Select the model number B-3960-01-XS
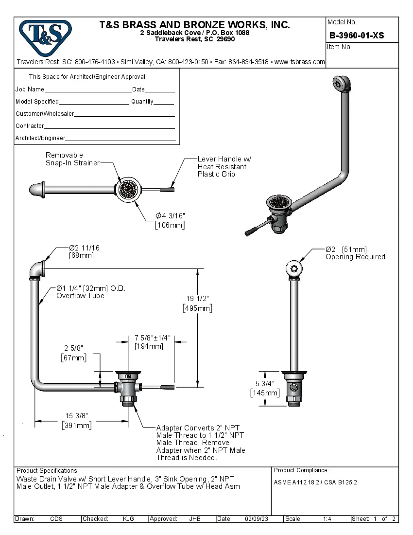click(x=356, y=36)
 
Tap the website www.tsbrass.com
click(x=300, y=62)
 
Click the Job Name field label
click(x=30, y=89)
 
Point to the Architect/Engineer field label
click(x=40, y=138)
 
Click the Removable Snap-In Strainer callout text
click(x=72, y=159)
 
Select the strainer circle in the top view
click(x=129, y=189)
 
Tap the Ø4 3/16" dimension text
click(x=170, y=216)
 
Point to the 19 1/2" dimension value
click(x=197, y=299)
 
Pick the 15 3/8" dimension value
click(x=76, y=416)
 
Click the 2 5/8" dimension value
click(x=73, y=348)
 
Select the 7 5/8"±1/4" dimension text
click(x=152, y=338)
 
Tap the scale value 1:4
click(x=327, y=519)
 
